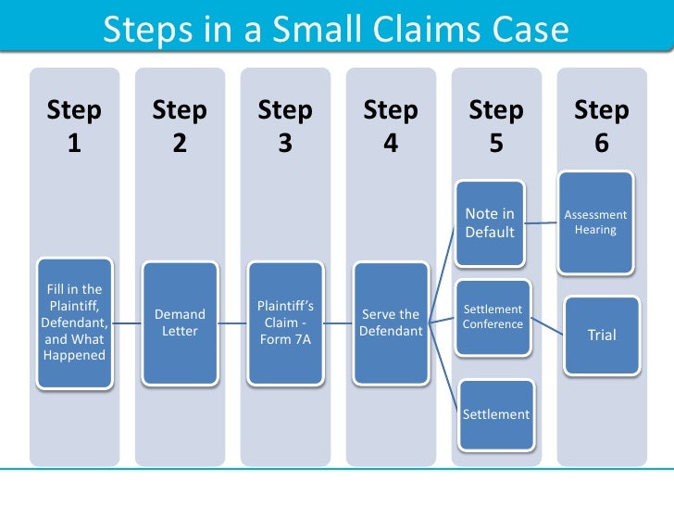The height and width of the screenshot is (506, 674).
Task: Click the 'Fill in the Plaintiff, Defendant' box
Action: pyautogui.click(x=74, y=323)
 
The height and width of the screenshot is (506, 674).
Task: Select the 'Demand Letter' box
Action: pyautogui.click(x=180, y=323)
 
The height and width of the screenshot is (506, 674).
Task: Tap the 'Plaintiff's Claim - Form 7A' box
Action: pyautogui.click(x=285, y=323)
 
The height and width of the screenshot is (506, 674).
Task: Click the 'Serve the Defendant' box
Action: pyautogui.click(x=391, y=323)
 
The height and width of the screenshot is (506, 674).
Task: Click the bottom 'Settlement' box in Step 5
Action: pyautogui.click(x=496, y=414)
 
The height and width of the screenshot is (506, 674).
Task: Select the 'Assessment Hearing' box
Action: pyautogui.click(x=595, y=221)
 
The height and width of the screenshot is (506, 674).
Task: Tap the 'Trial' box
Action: pyautogui.click(x=602, y=335)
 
